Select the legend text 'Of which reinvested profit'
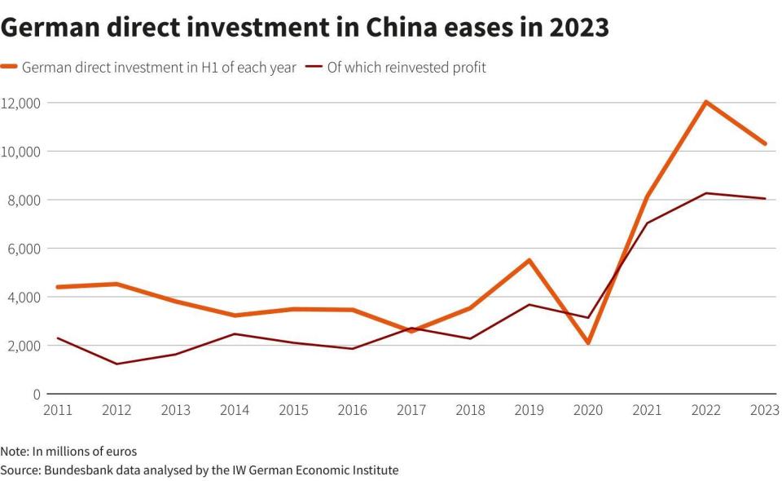click(x=406, y=68)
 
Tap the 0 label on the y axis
click(x=36, y=394)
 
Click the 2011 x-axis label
click(x=57, y=410)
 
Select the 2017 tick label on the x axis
click(x=411, y=410)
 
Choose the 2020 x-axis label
click(x=588, y=410)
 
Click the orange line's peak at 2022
click(x=706, y=102)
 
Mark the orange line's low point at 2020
click(x=588, y=343)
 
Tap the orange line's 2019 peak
click(x=529, y=260)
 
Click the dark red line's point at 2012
click(x=116, y=364)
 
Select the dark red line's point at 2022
click(x=706, y=193)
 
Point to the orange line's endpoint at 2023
click(x=765, y=143)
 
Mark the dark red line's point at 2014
click(x=234, y=333)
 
